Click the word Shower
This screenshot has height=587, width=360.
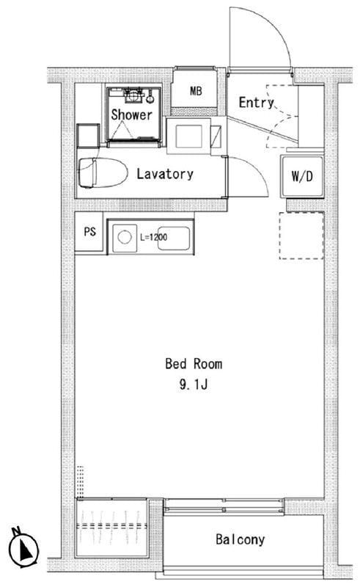132,114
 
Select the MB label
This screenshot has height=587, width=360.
196,91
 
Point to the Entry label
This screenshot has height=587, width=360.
256,102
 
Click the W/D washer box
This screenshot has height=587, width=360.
302,176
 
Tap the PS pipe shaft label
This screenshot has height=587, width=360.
89,232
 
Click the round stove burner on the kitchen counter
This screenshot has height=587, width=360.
125,237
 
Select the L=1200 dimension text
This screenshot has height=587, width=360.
153,237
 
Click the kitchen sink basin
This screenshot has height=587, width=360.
174,238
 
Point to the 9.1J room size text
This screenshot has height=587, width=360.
194,384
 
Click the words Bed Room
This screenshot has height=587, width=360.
194,364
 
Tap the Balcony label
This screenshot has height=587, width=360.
240,539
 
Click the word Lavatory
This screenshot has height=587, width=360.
165,174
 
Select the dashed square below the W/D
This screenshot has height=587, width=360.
301,236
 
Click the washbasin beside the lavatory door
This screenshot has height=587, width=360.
189,136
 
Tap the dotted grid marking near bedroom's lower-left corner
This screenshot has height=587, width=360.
80,481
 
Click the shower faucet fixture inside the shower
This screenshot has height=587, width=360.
134,95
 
